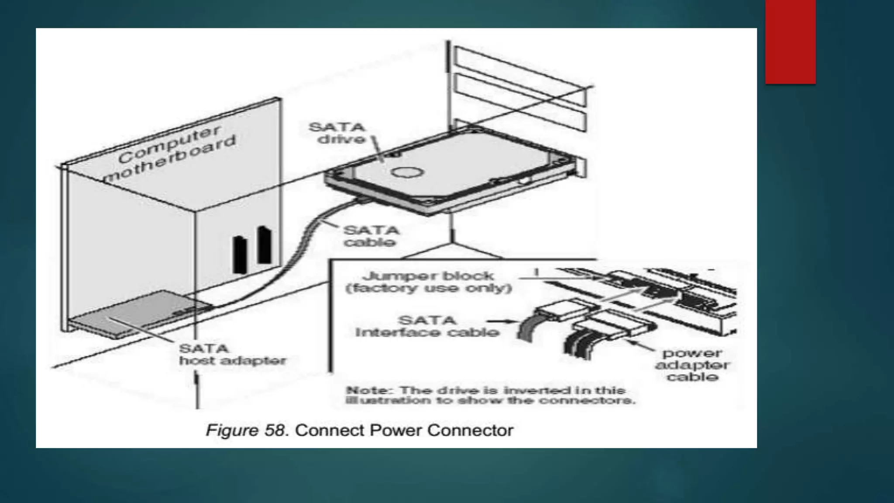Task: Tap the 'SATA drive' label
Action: point(337,133)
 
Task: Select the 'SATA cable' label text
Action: point(371,236)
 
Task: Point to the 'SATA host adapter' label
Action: point(232,355)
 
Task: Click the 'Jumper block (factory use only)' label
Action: point(428,282)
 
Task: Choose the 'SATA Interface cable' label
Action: point(427,326)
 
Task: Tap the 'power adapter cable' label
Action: point(692,365)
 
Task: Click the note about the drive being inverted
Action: point(490,395)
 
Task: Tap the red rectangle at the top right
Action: point(790,42)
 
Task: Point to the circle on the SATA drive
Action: point(407,172)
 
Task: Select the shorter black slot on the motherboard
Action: point(240,255)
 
